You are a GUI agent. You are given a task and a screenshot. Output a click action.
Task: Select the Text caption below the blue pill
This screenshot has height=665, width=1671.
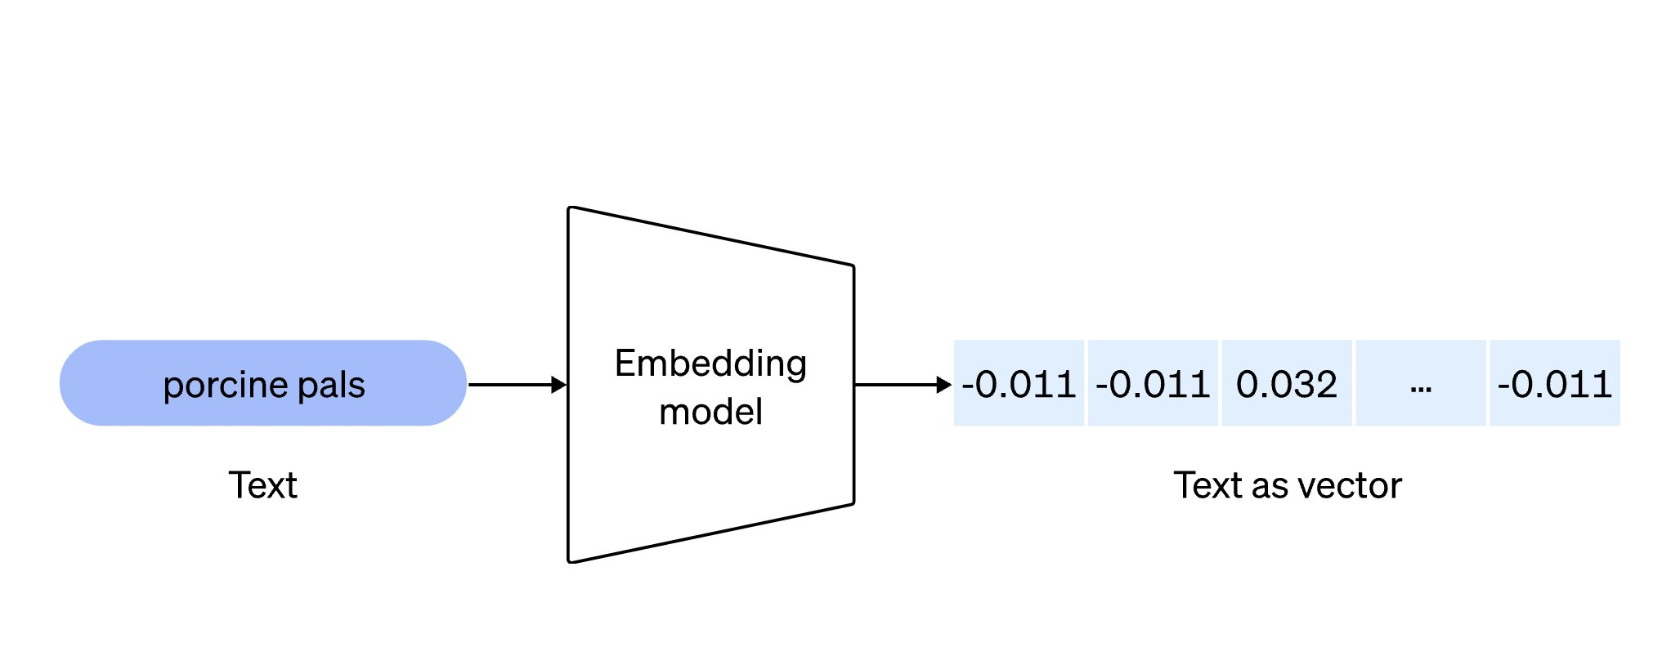[262, 485]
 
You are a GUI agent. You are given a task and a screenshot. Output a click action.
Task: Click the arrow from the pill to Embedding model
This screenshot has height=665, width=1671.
[517, 385]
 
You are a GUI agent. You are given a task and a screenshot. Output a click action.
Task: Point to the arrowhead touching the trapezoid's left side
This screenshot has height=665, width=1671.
[560, 385]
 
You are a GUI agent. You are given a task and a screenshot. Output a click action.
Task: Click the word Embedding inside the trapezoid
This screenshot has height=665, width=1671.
[710, 364]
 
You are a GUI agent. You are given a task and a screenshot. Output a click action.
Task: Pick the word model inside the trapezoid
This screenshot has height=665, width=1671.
[710, 412]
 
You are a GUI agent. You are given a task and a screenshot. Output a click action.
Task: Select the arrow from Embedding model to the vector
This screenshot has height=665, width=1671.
[903, 385]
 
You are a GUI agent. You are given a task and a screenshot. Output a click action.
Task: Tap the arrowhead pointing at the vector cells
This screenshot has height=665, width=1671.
[945, 385]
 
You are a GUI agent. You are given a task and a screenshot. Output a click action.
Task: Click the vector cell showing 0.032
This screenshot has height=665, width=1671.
[1287, 383]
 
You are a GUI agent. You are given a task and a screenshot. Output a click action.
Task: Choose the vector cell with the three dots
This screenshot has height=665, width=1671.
[1421, 383]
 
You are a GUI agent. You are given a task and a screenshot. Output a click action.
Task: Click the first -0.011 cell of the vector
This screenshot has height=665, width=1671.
[1019, 383]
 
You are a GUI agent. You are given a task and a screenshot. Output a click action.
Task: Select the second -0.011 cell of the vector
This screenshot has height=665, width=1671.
[1153, 383]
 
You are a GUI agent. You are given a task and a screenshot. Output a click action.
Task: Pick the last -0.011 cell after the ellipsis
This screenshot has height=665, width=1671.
[1555, 383]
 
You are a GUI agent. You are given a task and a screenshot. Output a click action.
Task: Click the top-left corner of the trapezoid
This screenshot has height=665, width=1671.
[570, 208]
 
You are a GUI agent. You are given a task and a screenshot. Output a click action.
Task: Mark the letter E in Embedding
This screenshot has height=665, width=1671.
[625, 363]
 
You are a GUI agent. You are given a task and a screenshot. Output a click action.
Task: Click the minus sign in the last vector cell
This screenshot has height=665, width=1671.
[1503, 386]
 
